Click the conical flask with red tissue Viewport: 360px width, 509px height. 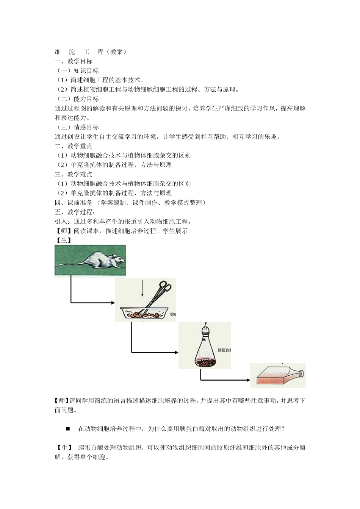point(205,350)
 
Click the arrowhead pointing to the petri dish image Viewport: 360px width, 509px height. point(113,303)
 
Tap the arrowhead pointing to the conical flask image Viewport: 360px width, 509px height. point(176,352)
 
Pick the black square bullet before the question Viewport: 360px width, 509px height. point(68,428)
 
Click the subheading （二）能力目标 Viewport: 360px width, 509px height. point(77,99)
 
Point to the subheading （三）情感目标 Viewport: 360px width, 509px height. point(77,127)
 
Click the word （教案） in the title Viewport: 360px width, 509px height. point(116,52)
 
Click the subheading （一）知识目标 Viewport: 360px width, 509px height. point(77,71)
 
